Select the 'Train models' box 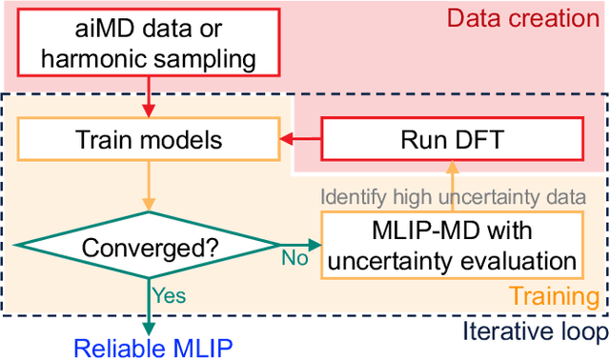pos(148,141)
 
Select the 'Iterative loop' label pos(534,331)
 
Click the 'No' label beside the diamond pos(295,258)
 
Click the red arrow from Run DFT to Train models pos(299,141)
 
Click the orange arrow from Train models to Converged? pos(149,186)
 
